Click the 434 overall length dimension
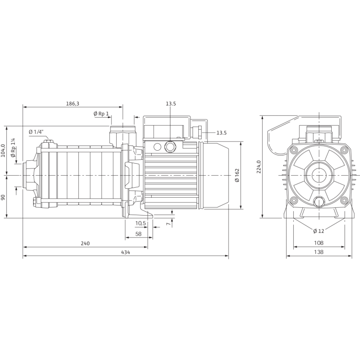(126, 252)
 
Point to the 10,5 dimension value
(140, 223)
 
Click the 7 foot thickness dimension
(167, 223)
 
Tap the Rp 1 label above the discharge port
(101, 113)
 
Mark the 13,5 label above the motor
(171, 104)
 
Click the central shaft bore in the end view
(317, 175)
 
